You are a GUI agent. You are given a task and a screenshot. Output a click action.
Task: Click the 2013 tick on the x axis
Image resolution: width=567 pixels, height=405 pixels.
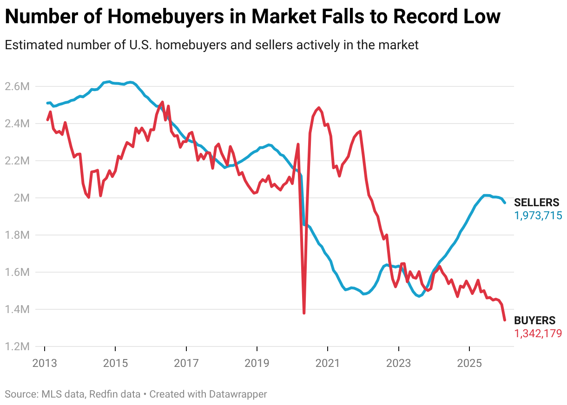click(x=45, y=363)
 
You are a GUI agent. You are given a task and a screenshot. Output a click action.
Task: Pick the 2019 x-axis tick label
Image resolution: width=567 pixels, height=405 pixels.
click(x=257, y=363)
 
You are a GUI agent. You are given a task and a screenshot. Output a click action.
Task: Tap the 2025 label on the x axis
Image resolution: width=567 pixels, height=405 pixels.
click(x=469, y=363)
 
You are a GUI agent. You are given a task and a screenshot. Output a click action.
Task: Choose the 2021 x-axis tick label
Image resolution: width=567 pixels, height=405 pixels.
click(x=328, y=363)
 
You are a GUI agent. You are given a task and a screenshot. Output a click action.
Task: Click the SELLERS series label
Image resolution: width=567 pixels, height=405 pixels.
click(x=537, y=202)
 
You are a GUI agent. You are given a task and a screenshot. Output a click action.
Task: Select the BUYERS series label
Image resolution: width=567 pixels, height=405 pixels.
click(x=534, y=320)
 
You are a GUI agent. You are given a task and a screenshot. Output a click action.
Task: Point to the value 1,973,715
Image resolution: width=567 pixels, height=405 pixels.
click(x=538, y=215)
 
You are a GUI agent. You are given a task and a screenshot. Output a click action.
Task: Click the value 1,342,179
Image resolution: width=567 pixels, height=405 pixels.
click(x=538, y=333)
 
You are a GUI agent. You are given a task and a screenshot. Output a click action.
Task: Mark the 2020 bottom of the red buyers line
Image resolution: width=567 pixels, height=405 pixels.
click(x=304, y=313)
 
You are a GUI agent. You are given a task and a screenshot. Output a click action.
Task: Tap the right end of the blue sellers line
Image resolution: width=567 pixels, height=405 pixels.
click(x=505, y=202)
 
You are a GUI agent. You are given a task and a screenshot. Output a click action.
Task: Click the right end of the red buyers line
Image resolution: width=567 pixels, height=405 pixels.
click(x=505, y=320)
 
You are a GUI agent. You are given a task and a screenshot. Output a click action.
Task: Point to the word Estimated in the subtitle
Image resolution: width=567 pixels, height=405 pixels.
click(x=34, y=45)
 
